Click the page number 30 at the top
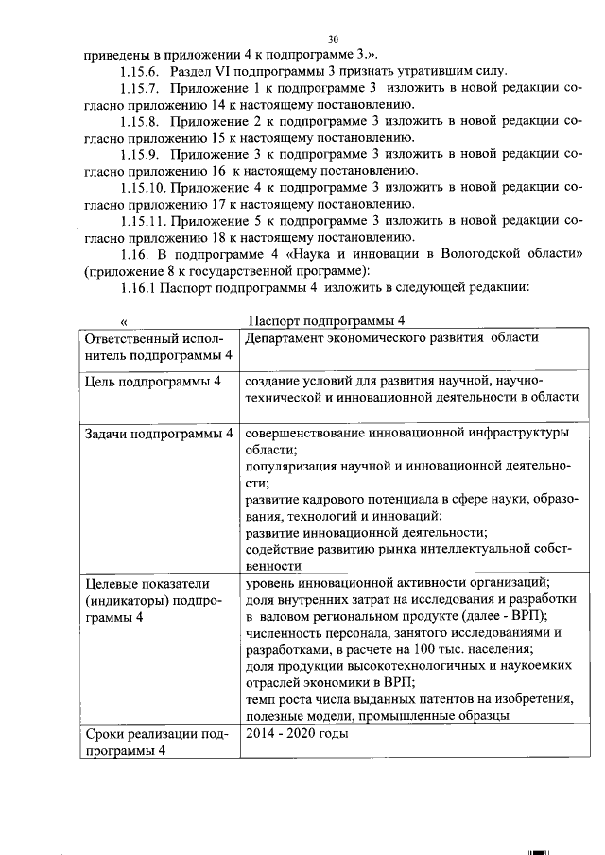click(x=333, y=39)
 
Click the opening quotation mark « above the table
click(x=124, y=321)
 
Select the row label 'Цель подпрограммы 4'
click(x=153, y=381)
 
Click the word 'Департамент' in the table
click(x=286, y=338)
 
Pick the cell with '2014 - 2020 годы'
click(x=297, y=733)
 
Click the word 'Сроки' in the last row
click(x=106, y=733)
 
